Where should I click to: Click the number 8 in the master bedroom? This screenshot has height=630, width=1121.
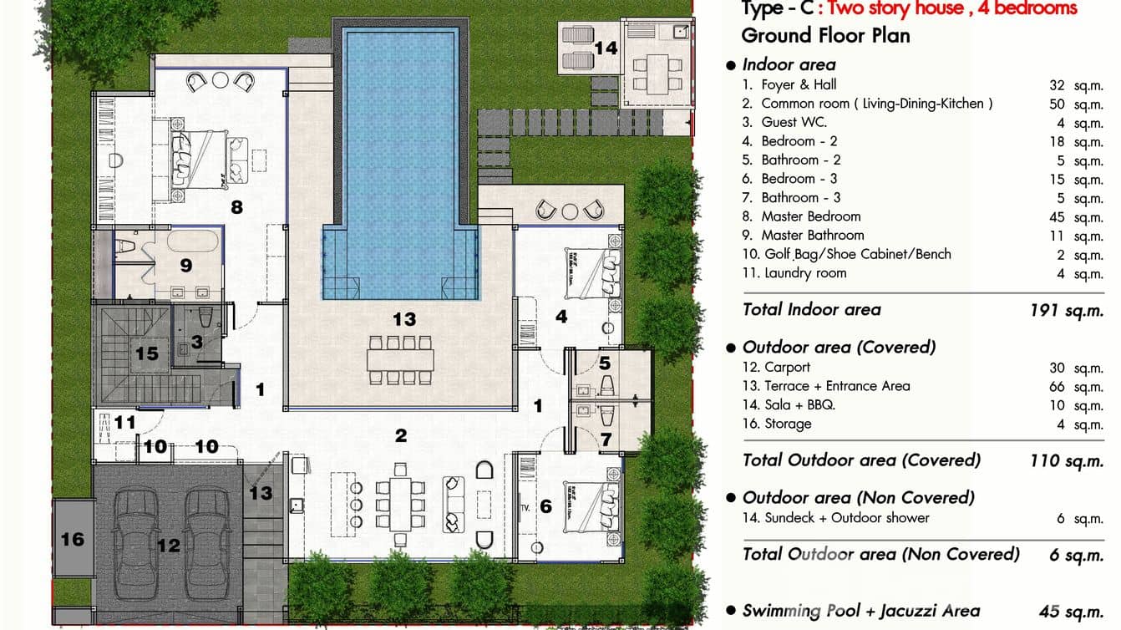click(x=236, y=206)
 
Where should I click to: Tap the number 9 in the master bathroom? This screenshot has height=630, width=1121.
click(x=186, y=265)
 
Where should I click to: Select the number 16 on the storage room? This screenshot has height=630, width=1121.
click(x=73, y=539)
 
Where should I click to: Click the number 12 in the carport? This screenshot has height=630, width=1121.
click(x=169, y=546)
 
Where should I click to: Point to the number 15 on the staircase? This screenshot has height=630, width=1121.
click(x=146, y=353)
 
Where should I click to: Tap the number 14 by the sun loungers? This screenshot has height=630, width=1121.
click(x=606, y=48)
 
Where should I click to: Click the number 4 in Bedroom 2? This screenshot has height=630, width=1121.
click(x=561, y=317)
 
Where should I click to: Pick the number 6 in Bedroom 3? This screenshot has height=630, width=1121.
click(x=546, y=506)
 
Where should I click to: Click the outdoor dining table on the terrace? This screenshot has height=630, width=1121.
click(x=400, y=360)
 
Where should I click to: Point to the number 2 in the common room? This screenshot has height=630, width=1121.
click(x=401, y=435)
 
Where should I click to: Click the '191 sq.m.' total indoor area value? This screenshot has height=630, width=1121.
click(x=1067, y=310)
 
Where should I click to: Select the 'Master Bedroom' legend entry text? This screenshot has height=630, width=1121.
click(x=810, y=216)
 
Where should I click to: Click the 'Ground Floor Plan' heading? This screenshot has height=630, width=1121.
click(x=814, y=35)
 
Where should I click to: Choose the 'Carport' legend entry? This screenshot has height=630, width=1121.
click(x=787, y=367)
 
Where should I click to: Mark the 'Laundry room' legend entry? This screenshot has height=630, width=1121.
click(x=804, y=273)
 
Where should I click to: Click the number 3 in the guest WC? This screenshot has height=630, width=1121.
click(x=196, y=341)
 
